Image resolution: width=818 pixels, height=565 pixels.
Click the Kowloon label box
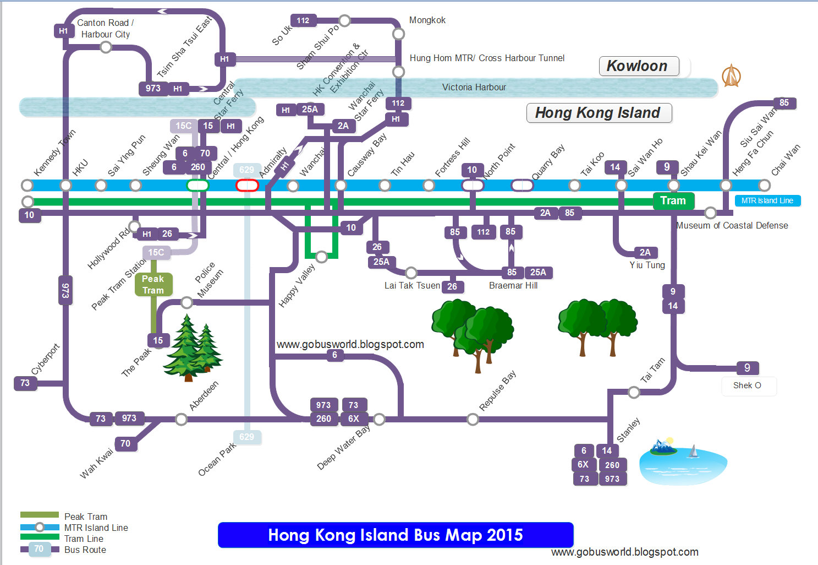(x=638, y=67)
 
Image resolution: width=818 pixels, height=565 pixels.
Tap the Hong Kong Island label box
(x=599, y=113)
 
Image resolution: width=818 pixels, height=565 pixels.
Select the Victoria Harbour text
(x=474, y=87)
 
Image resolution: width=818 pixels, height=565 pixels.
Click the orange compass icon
(x=731, y=76)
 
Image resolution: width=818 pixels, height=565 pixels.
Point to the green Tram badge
(x=673, y=201)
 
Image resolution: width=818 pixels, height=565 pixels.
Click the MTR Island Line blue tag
(x=767, y=201)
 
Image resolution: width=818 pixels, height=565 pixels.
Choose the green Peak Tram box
(x=153, y=285)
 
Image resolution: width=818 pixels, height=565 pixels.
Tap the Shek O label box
(x=748, y=385)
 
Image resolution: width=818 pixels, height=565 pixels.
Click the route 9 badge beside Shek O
(x=747, y=368)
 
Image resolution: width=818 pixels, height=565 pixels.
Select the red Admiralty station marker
(x=247, y=185)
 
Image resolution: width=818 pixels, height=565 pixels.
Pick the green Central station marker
(x=197, y=185)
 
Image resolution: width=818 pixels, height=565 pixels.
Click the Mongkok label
(x=427, y=20)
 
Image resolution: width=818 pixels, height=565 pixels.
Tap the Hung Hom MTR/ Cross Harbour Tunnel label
(x=487, y=58)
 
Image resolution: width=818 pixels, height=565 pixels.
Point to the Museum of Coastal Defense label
(x=732, y=225)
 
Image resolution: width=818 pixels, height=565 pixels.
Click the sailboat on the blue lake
(x=693, y=452)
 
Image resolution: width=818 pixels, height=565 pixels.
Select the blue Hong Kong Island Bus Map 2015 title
(x=396, y=535)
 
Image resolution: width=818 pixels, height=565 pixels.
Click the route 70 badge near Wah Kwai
(x=125, y=443)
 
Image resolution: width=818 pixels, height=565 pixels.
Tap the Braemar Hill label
(x=513, y=285)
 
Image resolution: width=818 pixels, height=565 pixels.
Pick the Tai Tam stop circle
(x=634, y=392)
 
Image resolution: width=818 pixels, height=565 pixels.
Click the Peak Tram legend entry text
(x=85, y=517)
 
